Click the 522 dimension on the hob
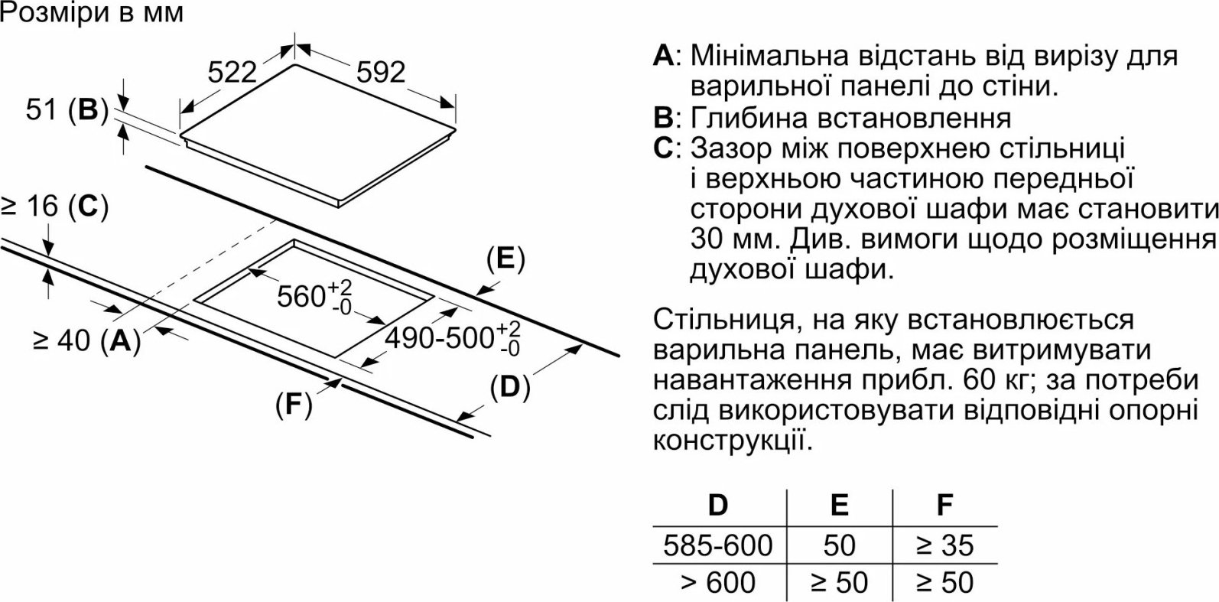click(x=232, y=73)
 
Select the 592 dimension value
click(x=381, y=73)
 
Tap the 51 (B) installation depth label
click(x=67, y=110)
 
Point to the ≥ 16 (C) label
click(x=55, y=207)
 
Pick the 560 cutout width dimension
click(x=314, y=297)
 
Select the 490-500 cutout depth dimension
click(x=453, y=338)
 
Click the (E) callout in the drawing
click(x=505, y=259)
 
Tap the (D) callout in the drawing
click(x=510, y=388)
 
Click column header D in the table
click(x=718, y=505)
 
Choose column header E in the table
click(x=840, y=505)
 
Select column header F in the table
click(x=944, y=505)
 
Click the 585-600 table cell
click(x=718, y=545)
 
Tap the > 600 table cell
click(x=718, y=582)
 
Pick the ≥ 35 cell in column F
click(x=944, y=545)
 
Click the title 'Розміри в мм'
click(x=92, y=13)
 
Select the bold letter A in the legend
click(x=664, y=56)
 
